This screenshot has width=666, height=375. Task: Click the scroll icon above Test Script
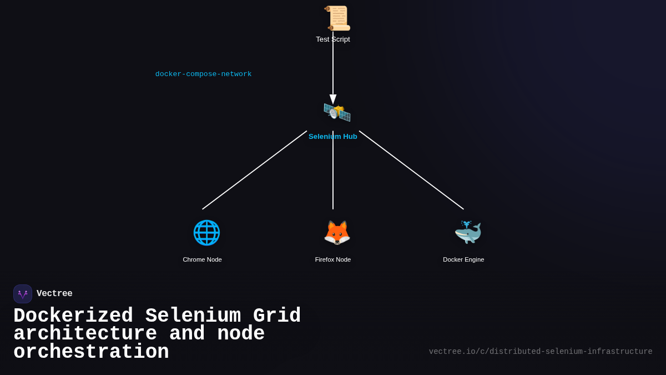[x=337, y=18]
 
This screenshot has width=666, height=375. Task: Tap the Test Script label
[x=333, y=39]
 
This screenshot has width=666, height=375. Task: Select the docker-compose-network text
[x=203, y=74]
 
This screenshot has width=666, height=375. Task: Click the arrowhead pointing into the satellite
[x=333, y=99]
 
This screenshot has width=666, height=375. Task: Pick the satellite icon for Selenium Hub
[x=337, y=112]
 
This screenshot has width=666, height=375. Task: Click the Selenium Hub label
[x=333, y=137]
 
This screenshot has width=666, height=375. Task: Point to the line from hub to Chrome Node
[x=254, y=170]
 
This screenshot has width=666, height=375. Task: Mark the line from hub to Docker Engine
[x=411, y=170]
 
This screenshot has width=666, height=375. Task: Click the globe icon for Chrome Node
[x=206, y=233]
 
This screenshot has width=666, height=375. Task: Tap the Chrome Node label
[x=202, y=259]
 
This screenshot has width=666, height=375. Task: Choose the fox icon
[x=337, y=233]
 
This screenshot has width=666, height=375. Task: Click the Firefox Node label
[x=333, y=259]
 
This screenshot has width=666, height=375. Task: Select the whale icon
[x=468, y=233]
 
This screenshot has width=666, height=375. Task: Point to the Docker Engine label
[x=463, y=259]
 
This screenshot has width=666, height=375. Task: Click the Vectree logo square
[x=23, y=294]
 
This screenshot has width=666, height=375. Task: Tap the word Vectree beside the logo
[x=54, y=294]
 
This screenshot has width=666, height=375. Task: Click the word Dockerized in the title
[x=73, y=316]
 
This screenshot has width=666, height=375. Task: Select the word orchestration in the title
[x=91, y=352]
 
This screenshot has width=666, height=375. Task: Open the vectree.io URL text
[x=541, y=352]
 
